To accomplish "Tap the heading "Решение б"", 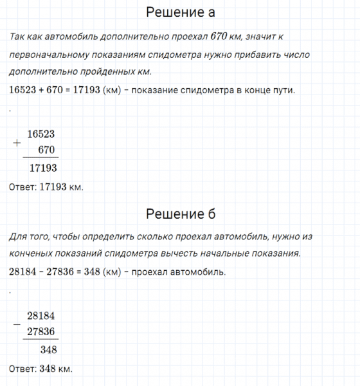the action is click(x=180, y=214).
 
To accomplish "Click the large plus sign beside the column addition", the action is click(x=17, y=143).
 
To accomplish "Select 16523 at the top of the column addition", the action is click(x=41, y=134).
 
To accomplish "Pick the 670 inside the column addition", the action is click(x=48, y=150).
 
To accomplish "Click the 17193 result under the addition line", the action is click(x=44, y=169).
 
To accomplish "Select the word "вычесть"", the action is click(x=183, y=253).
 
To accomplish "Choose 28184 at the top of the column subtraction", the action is click(x=41, y=315).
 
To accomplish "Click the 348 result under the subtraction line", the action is click(x=48, y=350).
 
